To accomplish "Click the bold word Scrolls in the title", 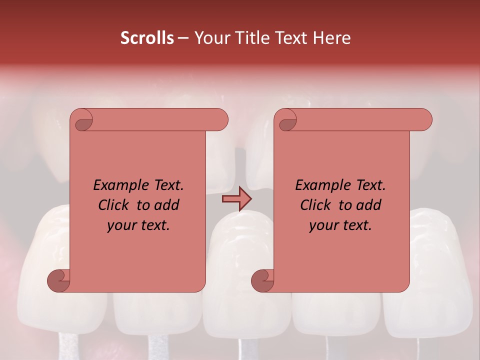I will coord(147,38).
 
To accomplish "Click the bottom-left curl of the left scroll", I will coord(59,280).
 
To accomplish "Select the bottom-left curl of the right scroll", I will coord(263,280).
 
